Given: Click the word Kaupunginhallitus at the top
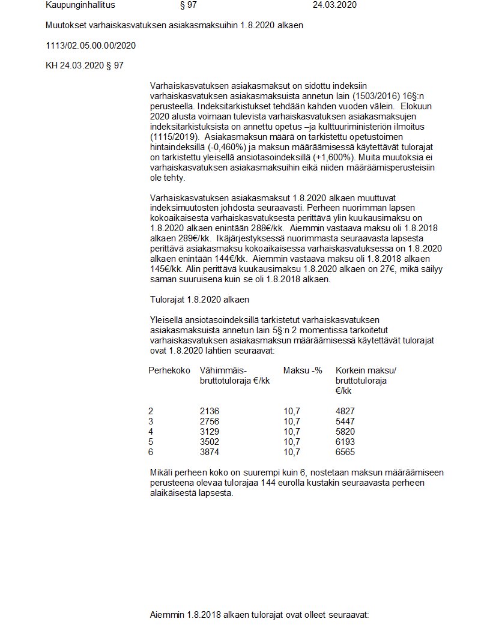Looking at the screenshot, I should [x=80, y=5].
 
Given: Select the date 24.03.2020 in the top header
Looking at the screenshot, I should [x=334, y=5].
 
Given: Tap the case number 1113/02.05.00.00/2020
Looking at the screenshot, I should [x=91, y=46].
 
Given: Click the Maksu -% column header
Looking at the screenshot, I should [x=303, y=370].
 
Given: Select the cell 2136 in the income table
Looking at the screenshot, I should [x=209, y=411].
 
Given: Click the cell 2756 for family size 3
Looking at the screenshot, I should [x=209, y=421].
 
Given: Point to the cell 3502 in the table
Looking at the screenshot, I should [x=209, y=442].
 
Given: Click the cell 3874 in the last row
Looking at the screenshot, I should [x=209, y=452].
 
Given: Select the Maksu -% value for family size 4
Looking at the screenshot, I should [x=291, y=432].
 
